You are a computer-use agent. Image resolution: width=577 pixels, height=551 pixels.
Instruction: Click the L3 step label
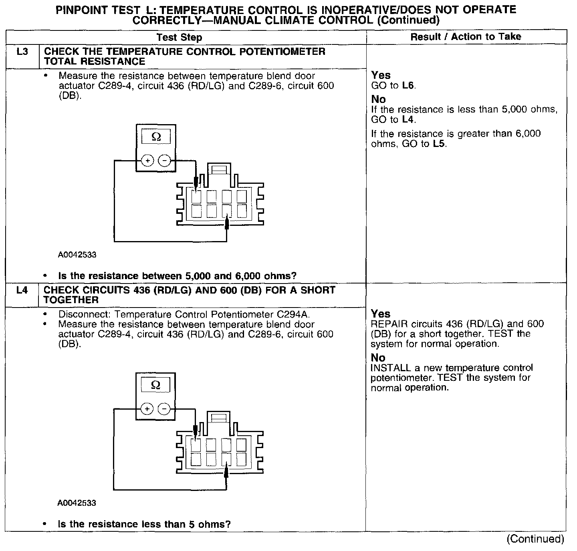(22, 52)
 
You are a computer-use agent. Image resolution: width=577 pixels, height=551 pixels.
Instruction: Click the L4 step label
(22, 290)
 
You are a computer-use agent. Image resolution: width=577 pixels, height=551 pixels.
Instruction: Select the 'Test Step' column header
(179, 38)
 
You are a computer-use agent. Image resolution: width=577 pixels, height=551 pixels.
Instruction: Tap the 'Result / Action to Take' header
(466, 37)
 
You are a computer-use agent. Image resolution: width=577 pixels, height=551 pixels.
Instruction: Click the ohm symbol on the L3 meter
(156, 137)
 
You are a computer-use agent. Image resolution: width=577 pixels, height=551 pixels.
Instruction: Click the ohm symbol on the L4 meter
(155, 385)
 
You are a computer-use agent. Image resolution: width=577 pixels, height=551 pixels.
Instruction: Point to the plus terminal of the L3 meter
(148, 161)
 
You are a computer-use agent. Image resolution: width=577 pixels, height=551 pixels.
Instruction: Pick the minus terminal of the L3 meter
(164, 161)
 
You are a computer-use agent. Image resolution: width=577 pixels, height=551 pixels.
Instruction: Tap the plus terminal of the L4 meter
(147, 409)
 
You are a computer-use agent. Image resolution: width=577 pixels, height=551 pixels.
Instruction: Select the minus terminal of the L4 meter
(164, 409)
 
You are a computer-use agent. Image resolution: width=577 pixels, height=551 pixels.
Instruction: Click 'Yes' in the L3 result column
(381, 75)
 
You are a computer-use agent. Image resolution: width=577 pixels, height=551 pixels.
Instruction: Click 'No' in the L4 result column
(378, 358)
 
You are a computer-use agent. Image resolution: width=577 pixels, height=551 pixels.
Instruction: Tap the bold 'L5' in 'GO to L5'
(439, 144)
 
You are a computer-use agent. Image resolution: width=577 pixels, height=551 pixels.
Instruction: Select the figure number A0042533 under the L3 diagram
(77, 255)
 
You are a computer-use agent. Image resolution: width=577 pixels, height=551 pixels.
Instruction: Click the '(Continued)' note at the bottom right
(535, 539)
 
